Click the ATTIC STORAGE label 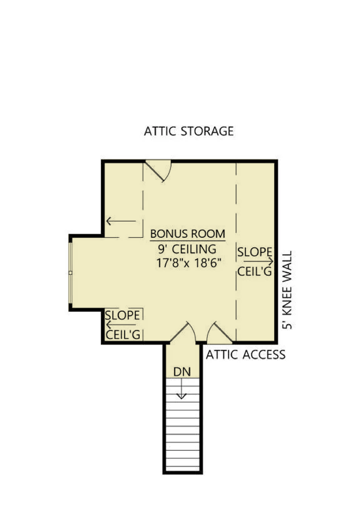(189, 131)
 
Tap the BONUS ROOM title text (188, 234)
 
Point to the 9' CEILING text (187, 249)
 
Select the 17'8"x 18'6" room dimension (189, 263)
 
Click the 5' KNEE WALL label (287, 290)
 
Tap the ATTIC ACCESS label (246, 355)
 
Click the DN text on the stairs (182, 372)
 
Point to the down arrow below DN (182, 389)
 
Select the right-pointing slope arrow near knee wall (258, 261)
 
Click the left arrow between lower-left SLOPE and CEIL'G (121, 325)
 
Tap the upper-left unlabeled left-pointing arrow (121, 221)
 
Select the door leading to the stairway (183, 332)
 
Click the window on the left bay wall (70, 273)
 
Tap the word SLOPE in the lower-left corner (122, 315)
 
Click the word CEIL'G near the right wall (255, 271)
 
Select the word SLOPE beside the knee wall (255, 252)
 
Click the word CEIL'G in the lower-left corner (123, 335)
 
